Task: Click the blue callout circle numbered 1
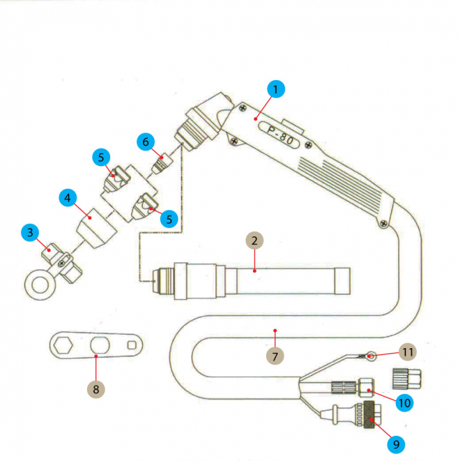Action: [x=275, y=89]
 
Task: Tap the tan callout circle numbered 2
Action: [x=255, y=241]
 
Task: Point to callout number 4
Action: [x=68, y=198]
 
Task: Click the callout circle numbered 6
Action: [x=145, y=142]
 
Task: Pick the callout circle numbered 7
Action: [x=275, y=355]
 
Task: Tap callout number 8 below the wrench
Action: [x=95, y=387]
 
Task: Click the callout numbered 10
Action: [x=404, y=402]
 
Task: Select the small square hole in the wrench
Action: [x=132, y=345]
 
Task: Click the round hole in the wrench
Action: [x=99, y=344]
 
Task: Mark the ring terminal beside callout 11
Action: [x=370, y=357]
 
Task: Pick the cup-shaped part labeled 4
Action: [x=93, y=229]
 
